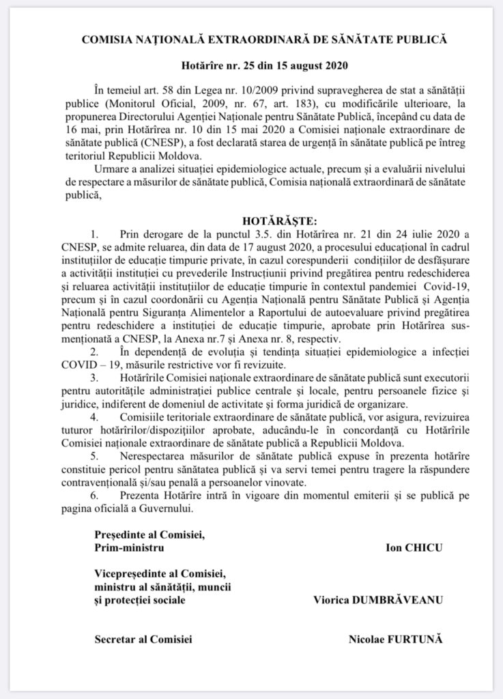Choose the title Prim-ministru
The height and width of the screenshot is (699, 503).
pos(130,547)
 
